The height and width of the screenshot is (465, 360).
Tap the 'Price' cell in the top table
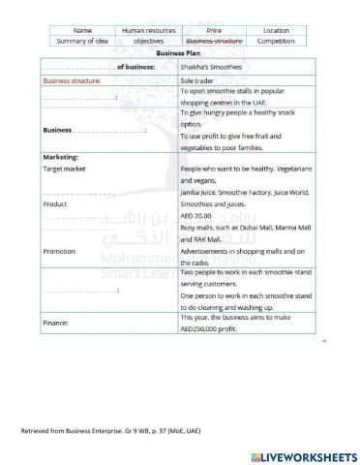click(x=213, y=31)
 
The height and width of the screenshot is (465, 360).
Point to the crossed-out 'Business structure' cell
click(x=213, y=42)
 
